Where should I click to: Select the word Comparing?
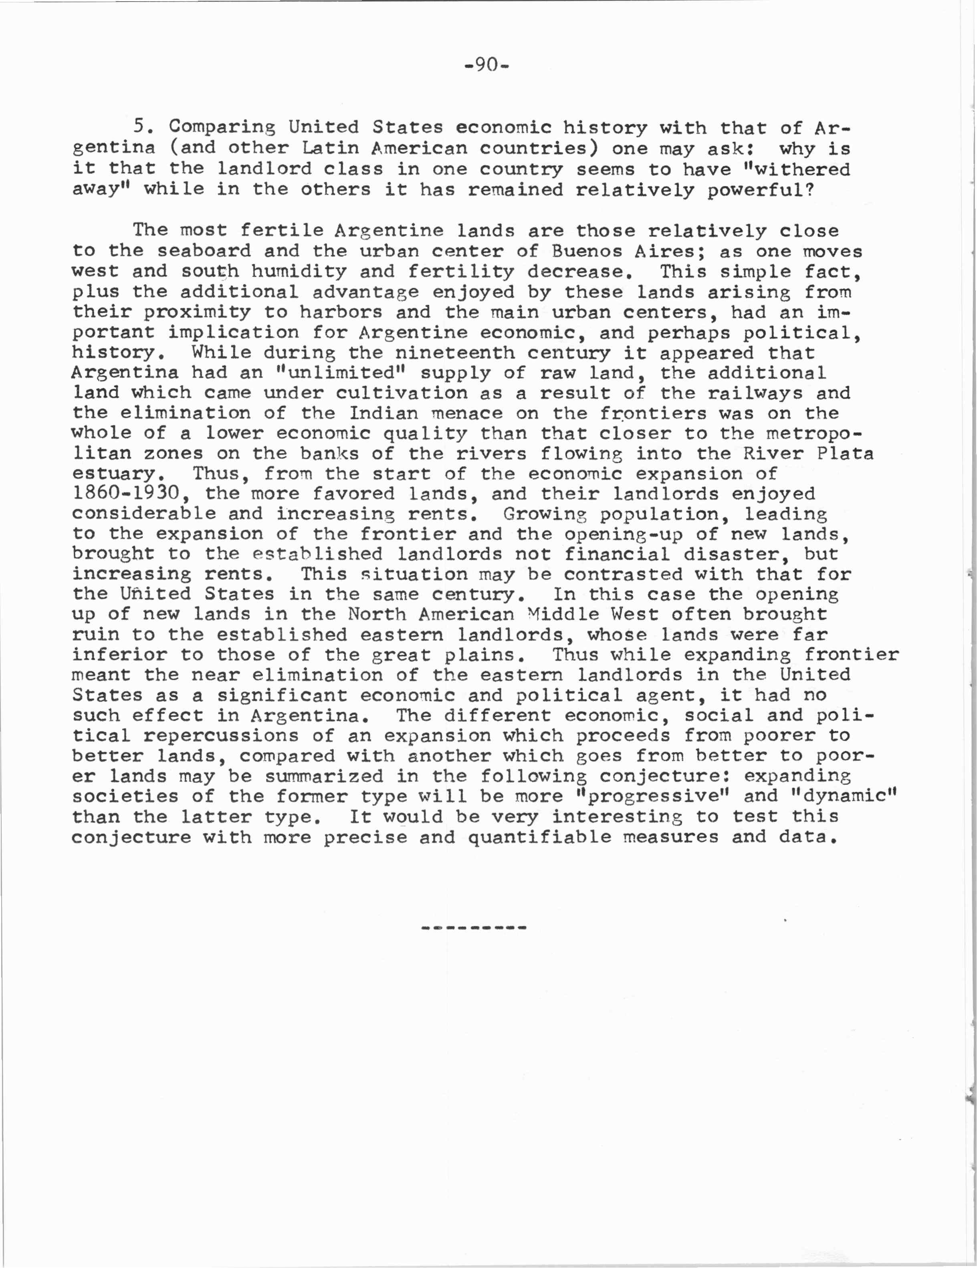click(222, 127)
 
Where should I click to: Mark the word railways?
click(755, 393)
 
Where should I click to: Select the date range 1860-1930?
click(127, 494)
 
